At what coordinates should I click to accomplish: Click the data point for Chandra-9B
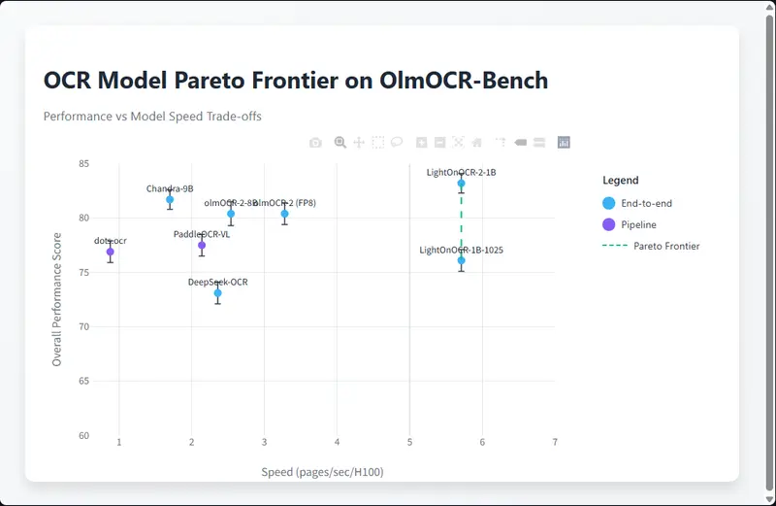coord(170,199)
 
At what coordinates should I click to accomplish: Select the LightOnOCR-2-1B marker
coord(462,183)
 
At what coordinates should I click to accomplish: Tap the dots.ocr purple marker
coord(111,252)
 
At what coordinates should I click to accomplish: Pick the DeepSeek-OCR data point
coord(217,292)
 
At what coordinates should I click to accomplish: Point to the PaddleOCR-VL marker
coord(202,245)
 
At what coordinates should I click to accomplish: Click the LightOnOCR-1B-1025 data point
coord(462,260)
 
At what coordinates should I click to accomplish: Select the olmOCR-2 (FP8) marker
coord(284,214)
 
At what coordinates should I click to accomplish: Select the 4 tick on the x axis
coord(338,443)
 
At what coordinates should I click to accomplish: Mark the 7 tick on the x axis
coord(555,443)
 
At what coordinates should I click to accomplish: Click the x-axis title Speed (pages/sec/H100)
coord(323,472)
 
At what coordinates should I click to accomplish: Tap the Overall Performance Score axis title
coord(57,299)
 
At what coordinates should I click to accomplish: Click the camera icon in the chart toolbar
coord(315,143)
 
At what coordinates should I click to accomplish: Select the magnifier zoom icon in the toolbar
coord(340,143)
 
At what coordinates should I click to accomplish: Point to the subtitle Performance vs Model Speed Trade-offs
coord(152,116)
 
